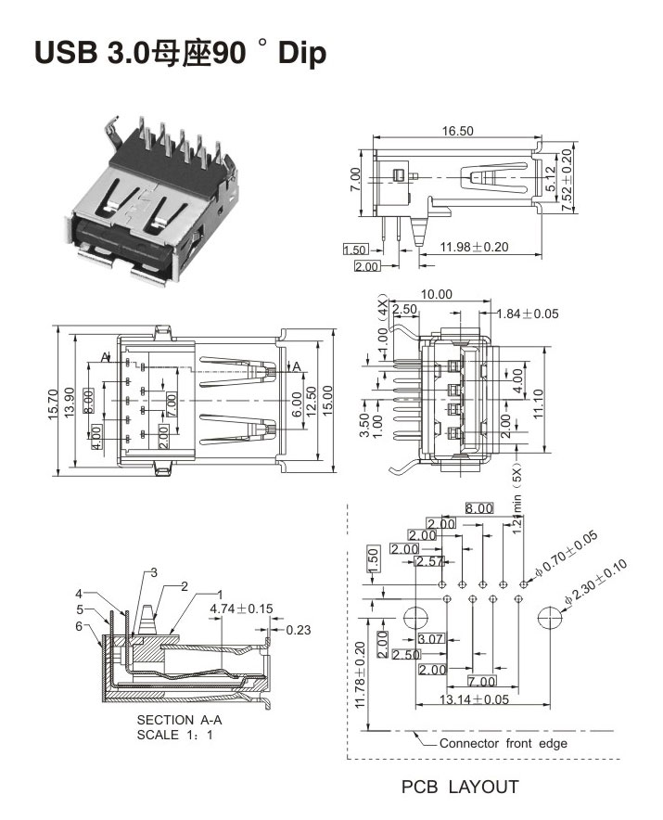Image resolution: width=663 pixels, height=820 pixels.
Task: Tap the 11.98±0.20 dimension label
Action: point(475,247)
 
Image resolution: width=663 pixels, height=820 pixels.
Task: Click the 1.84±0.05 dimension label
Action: point(527,314)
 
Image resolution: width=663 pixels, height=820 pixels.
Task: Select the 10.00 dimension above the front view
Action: point(436,294)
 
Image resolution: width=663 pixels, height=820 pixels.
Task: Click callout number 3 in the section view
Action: point(155,572)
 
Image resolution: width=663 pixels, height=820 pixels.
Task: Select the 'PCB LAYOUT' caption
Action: point(459,788)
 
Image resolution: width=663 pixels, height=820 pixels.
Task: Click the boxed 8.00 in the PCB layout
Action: point(479,508)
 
